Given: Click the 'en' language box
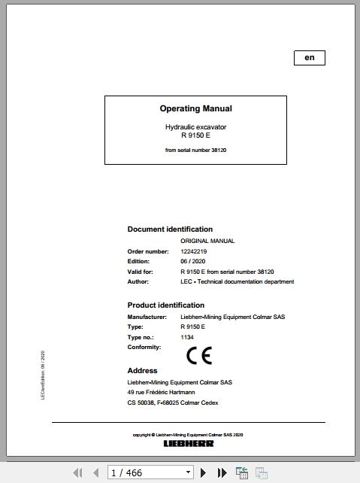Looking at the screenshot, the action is [x=309, y=58].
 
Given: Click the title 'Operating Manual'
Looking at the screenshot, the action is [x=195, y=109].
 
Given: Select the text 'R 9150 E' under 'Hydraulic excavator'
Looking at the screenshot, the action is [x=195, y=135].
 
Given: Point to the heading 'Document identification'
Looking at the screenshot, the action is [x=170, y=229].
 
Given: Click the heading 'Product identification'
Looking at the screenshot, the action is [x=165, y=305].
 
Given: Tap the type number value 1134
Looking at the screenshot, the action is [x=187, y=338].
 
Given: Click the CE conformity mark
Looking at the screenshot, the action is [x=199, y=356].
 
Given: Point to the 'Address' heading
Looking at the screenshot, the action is [x=142, y=371].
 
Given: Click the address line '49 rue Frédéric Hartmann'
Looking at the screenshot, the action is [x=160, y=393].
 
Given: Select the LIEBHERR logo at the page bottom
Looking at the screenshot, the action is [x=188, y=443].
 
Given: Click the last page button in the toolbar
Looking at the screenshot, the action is [x=222, y=472].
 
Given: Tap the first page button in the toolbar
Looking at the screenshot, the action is [x=77, y=472].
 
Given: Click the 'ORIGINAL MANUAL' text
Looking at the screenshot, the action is [x=207, y=241].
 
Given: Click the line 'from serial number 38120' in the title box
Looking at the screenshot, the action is [x=195, y=150].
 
